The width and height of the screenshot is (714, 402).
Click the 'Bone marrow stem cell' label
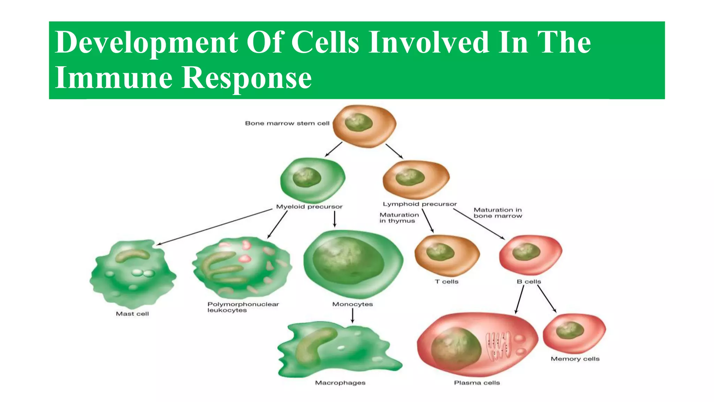click(287, 123)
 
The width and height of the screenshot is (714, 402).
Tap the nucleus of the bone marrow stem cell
click(358, 122)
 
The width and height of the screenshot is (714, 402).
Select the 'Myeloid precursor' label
click(309, 207)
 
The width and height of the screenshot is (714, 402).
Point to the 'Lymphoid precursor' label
click(420, 204)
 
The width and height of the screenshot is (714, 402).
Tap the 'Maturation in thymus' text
click(399, 218)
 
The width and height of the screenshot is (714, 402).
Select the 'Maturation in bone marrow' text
click(497, 213)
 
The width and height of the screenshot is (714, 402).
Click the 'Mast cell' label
click(132, 314)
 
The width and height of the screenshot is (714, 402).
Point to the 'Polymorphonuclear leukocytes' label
click(243, 307)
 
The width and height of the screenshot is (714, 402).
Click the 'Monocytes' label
click(352, 304)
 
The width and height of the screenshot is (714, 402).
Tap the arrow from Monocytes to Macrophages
click(352, 315)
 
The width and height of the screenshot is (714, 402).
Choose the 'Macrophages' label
click(340, 383)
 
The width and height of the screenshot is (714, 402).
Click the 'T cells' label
click(447, 282)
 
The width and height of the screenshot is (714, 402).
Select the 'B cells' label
click(529, 282)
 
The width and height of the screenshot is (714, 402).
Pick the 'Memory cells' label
click(575, 359)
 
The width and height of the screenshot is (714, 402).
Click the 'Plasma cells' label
click(477, 383)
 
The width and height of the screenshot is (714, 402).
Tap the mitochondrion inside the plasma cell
click(498, 345)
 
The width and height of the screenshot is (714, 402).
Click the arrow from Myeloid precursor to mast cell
click(214, 227)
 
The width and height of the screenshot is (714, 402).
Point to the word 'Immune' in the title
click(114, 77)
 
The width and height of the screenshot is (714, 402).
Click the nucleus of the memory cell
click(570, 330)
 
